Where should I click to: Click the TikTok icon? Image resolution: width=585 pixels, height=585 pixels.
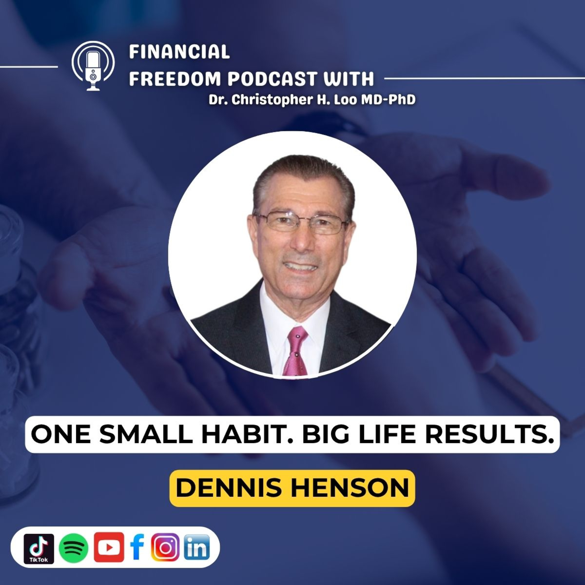coord(39,549)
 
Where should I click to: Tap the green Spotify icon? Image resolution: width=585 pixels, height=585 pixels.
coord(74,548)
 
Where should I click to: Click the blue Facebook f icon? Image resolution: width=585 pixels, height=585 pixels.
coord(137,547)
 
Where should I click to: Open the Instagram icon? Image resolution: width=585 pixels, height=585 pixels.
coord(165,547)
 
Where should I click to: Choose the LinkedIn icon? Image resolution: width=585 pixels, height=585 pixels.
coord(197,547)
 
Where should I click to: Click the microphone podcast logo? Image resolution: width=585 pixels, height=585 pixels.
coord(93,66)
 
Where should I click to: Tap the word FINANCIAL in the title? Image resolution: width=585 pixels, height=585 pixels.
coord(179,52)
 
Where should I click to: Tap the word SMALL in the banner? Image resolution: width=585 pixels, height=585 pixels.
coord(146,434)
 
